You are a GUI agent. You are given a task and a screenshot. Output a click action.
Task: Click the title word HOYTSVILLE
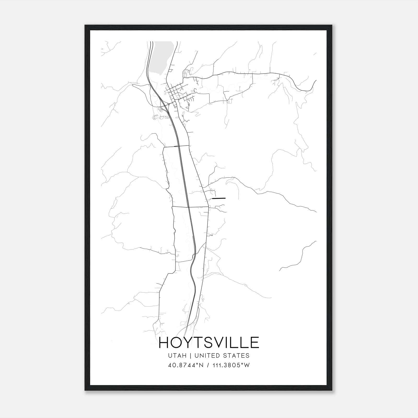pyautogui.click(x=209, y=342)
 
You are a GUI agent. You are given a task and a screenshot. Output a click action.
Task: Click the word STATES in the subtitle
pyautogui.click(x=237, y=356)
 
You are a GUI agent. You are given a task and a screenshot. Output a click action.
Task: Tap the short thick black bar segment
pyautogui.click(x=219, y=198)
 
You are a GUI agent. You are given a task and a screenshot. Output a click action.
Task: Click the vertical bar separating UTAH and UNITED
pyautogui.click(x=190, y=356)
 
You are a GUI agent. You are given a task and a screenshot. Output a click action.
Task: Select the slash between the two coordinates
pyautogui.click(x=207, y=365)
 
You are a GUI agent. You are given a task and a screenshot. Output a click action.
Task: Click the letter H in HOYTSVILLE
pyautogui.click(x=165, y=342)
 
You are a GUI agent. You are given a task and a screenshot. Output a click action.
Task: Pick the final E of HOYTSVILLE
pyautogui.click(x=254, y=342)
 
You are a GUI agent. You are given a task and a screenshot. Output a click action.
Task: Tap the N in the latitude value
pyautogui.click(x=201, y=365)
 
